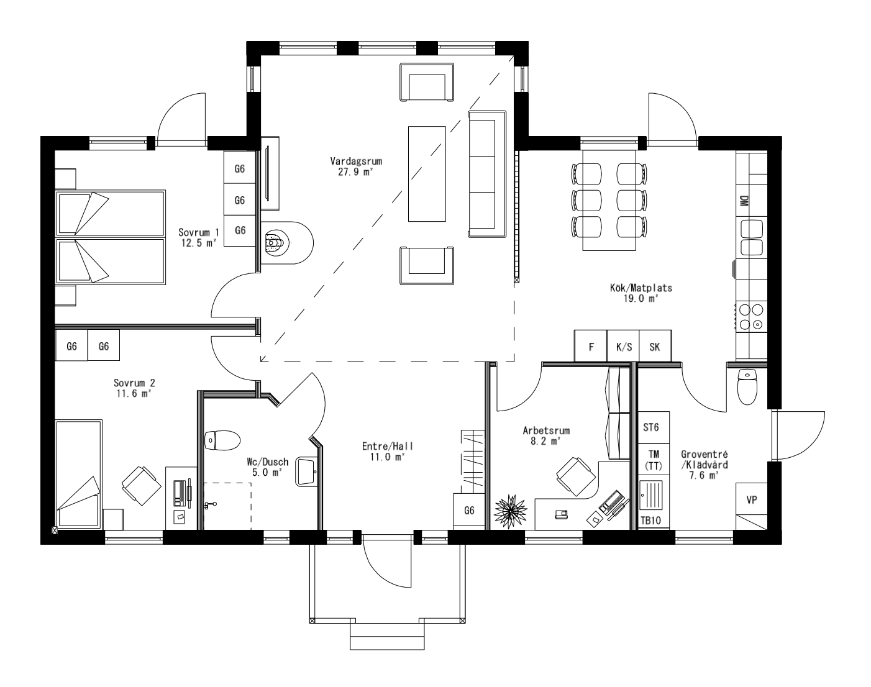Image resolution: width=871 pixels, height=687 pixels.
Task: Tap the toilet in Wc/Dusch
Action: click(222, 440)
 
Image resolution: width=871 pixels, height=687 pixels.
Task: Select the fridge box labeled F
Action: click(590, 347)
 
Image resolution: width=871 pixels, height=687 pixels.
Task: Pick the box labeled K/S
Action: click(623, 347)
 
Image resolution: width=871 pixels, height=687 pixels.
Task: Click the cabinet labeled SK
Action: click(655, 347)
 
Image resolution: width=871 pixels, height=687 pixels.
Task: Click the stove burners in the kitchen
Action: click(750, 317)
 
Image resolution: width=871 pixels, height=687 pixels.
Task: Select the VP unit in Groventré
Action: click(751, 500)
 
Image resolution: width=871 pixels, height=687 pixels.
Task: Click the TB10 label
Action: click(650, 521)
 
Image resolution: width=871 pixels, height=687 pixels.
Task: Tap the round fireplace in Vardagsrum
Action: click(275, 243)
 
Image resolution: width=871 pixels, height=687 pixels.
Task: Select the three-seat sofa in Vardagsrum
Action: click(487, 174)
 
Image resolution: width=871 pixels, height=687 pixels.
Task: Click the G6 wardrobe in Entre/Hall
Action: click(469, 511)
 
